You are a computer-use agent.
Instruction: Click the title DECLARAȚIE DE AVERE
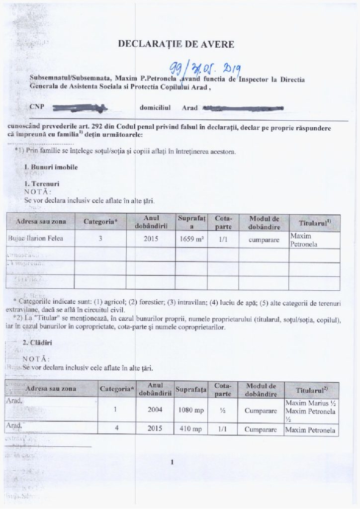coord(176,44)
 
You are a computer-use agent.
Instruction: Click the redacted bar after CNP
coord(80,106)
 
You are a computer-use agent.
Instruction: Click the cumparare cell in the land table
coord(264,239)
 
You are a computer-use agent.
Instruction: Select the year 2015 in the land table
coord(150,239)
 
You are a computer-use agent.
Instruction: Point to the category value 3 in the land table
coord(100,239)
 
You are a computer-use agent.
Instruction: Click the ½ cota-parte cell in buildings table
coord(219,411)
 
